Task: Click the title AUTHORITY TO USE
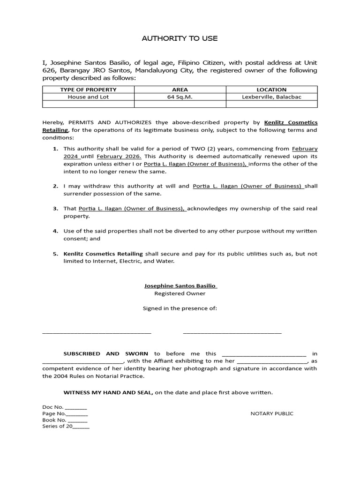coord(180,38)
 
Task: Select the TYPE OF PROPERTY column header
coord(88,90)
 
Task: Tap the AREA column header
coord(180,90)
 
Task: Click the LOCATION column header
coord(271,90)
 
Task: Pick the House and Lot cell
coord(88,97)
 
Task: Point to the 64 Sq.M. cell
coord(180,97)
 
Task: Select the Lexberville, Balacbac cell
coord(271,97)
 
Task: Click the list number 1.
coord(55,149)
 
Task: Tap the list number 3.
coord(55,209)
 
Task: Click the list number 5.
coord(55,254)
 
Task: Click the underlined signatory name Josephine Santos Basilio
coord(180,285)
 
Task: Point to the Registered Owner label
coord(180,293)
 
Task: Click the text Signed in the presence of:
coord(180,308)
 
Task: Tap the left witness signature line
coord(97,332)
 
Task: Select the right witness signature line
coord(232,332)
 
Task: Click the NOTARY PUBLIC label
coord(272,413)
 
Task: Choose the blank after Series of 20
coord(81,427)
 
